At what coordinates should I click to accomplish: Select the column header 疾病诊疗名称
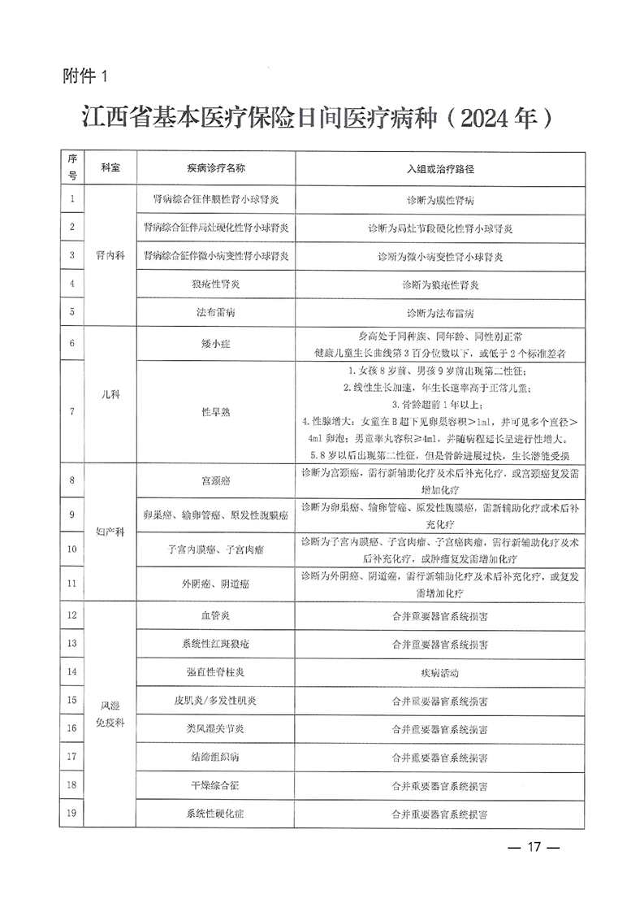[x=215, y=169]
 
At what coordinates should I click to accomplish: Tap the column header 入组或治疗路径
[x=439, y=169]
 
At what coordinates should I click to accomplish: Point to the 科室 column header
[x=110, y=169]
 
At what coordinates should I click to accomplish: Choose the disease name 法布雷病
[x=215, y=312]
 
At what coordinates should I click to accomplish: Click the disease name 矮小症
[x=215, y=344]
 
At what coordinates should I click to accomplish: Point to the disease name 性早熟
[x=215, y=412]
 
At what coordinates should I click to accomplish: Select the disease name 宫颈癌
[x=215, y=480]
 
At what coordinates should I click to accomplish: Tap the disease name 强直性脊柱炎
[x=215, y=672]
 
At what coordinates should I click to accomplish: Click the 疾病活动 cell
[x=439, y=672]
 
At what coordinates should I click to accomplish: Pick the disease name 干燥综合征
[x=215, y=785]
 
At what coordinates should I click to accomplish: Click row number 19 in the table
[x=72, y=813]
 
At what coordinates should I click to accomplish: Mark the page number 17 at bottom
[x=534, y=846]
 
